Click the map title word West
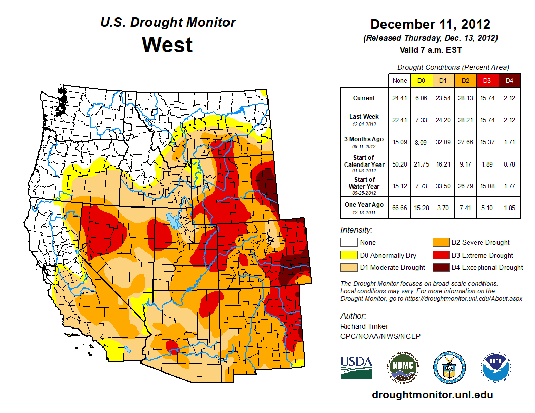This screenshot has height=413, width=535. (x=167, y=45)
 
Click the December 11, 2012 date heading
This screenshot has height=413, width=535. (x=430, y=24)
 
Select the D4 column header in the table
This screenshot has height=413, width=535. (x=509, y=80)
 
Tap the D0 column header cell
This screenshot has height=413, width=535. (x=421, y=80)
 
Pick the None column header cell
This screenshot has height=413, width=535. (x=399, y=80)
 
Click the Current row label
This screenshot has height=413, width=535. (x=364, y=98)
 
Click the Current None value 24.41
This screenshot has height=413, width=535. (x=399, y=98)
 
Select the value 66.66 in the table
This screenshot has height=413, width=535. (x=399, y=207)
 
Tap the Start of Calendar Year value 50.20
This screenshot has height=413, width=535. (x=399, y=164)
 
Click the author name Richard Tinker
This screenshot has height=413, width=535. (x=364, y=326)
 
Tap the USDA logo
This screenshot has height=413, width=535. (x=356, y=366)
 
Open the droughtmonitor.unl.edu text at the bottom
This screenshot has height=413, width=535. (x=432, y=395)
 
